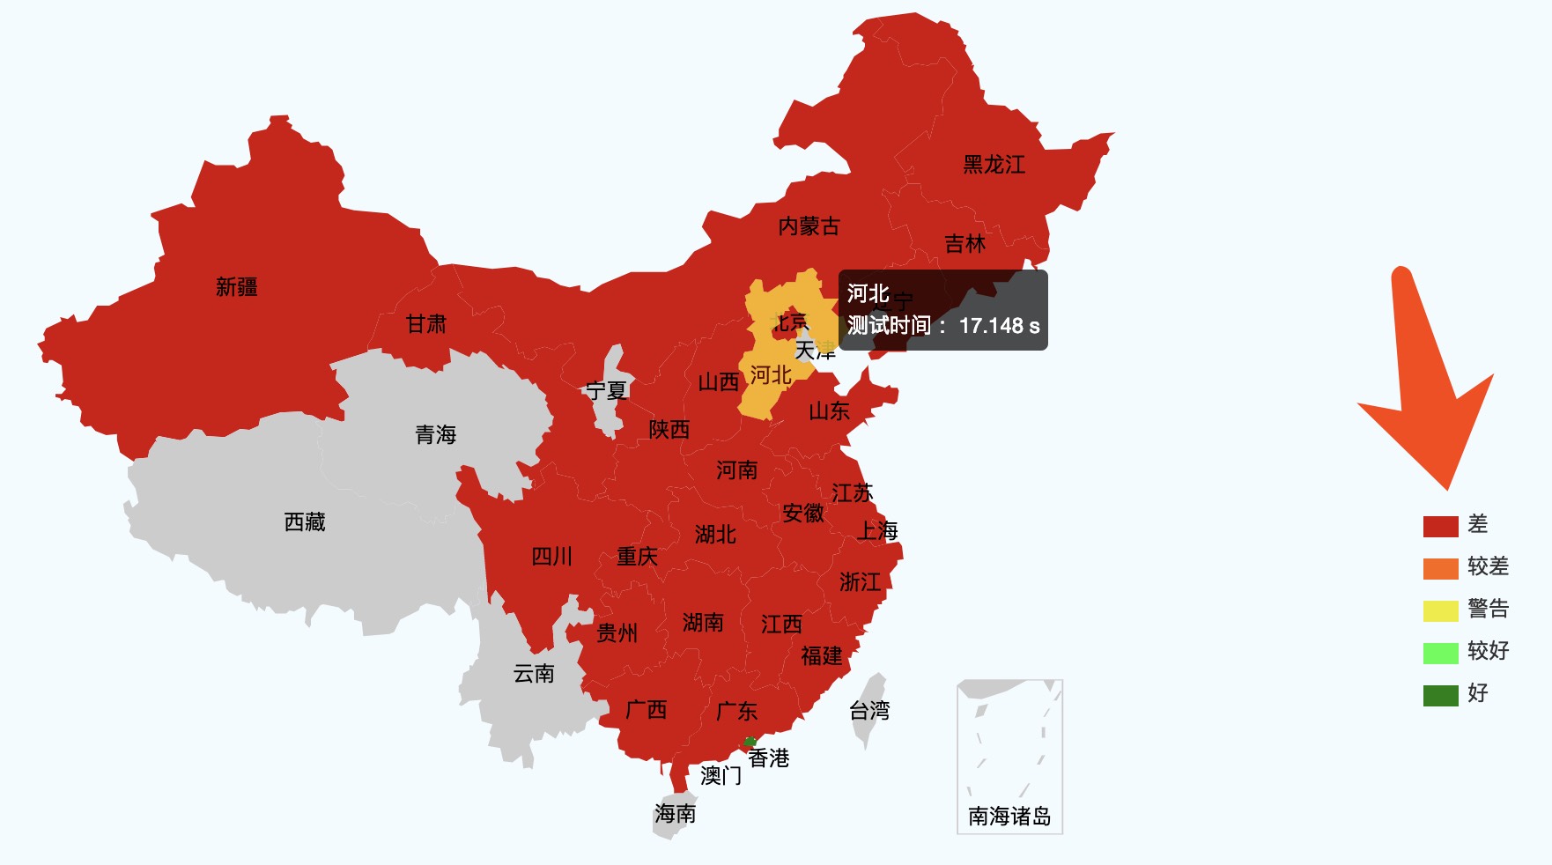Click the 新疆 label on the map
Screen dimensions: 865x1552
click(x=237, y=287)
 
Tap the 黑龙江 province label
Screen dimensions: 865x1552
click(x=994, y=165)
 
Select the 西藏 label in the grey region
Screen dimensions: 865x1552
click(x=305, y=522)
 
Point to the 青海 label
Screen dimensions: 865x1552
click(x=436, y=434)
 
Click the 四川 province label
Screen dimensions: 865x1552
click(x=552, y=557)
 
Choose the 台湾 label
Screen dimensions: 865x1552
click(x=869, y=711)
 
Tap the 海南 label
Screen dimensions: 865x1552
click(x=675, y=814)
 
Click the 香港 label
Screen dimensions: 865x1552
click(x=769, y=758)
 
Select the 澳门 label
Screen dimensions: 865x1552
click(x=721, y=776)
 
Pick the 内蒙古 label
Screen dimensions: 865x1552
click(x=809, y=226)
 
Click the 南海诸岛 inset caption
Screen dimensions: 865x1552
click(x=1009, y=817)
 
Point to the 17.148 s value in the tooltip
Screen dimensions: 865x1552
click(x=999, y=326)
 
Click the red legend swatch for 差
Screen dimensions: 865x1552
click(x=1440, y=526)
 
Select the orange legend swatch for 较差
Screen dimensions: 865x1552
click(x=1440, y=568)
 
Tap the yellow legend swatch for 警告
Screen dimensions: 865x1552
click(x=1440, y=610)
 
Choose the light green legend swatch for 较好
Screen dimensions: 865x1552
click(x=1440, y=653)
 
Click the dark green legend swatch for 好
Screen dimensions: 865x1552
click(x=1440, y=695)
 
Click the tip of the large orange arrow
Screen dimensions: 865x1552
click(x=1447, y=487)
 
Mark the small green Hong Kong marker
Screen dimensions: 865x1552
click(x=750, y=742)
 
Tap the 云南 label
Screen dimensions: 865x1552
click(x=534, y=674)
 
